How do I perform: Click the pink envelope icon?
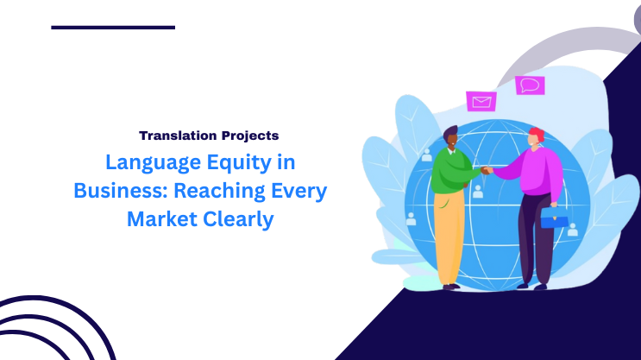[481, 101]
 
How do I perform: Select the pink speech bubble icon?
[530, 85]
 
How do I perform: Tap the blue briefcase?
[554, 219]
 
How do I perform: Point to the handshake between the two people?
[486, 170]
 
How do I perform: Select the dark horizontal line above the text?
[113, 28]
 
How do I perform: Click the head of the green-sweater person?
[450, 136]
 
